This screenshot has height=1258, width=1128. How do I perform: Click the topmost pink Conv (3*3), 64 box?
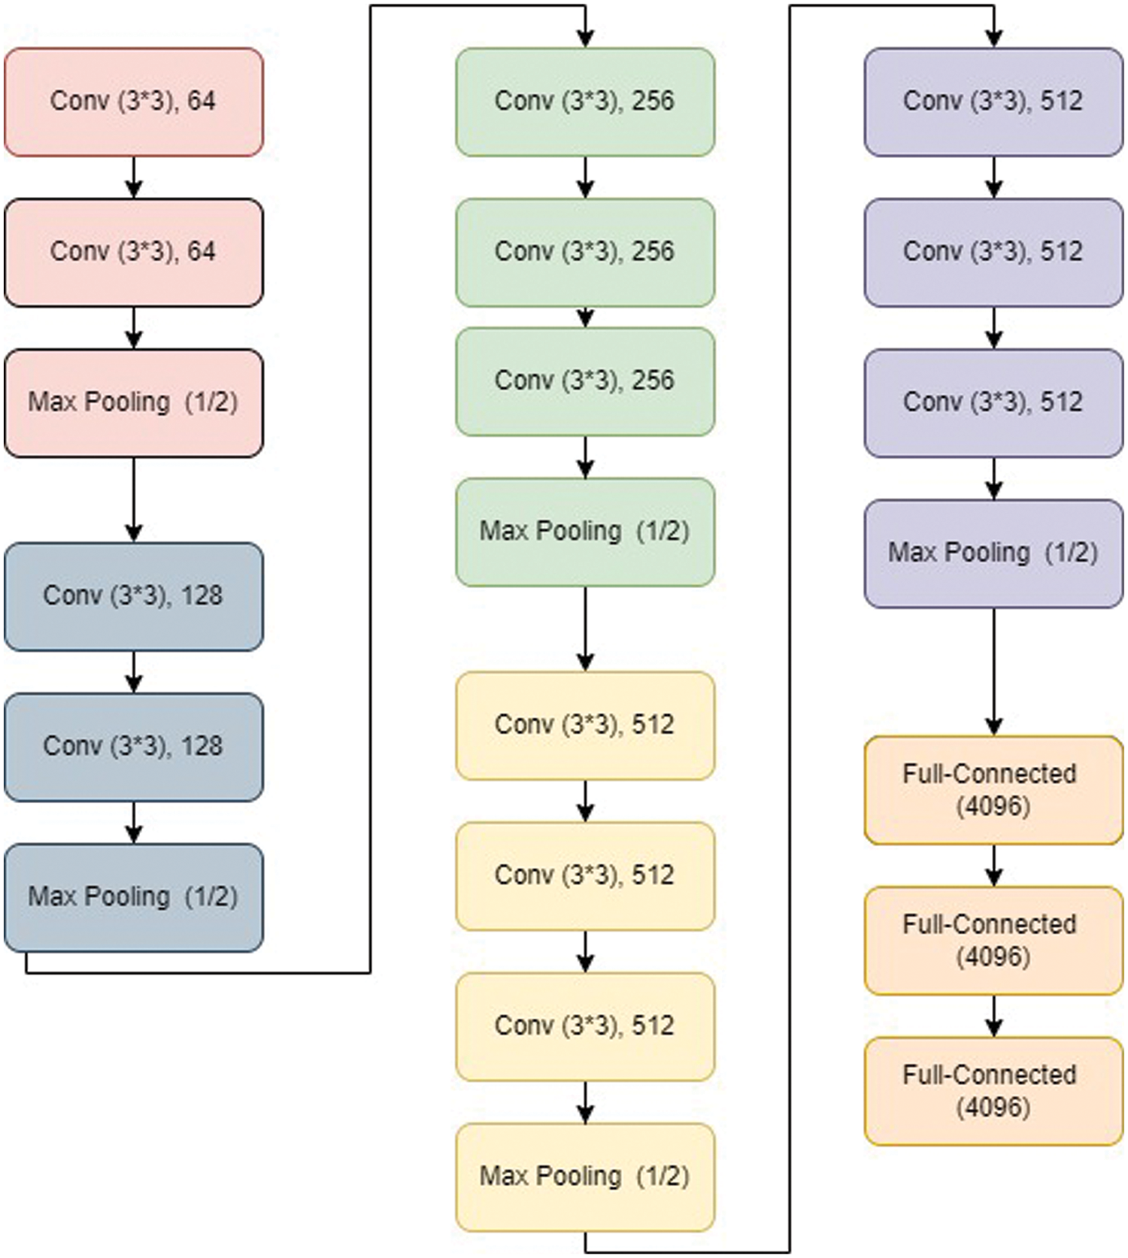click(x=134, y=102)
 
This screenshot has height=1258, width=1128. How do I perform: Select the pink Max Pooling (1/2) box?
click(x=134, y=403)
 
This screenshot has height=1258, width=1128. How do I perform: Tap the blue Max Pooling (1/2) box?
click(x=134, y=897)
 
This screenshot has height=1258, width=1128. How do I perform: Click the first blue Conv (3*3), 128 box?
click(x=134, y=596)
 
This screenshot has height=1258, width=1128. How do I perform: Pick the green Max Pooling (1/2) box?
click(x=585, y=532)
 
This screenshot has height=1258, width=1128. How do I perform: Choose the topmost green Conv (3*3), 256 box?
click(x=585, y=102)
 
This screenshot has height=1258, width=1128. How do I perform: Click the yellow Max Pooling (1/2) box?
click(x=585, y=1177)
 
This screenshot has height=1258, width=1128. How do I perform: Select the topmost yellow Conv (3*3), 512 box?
click(x=585, y=725)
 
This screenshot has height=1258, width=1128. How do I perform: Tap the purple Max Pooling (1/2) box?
click(x=993, y=553)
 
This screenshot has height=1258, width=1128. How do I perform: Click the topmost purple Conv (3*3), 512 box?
click(x=993, y=102)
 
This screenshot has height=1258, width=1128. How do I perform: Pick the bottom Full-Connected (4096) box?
click(x=993, y=1091)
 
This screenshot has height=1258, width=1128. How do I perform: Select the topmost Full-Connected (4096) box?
click(x=993, y=790)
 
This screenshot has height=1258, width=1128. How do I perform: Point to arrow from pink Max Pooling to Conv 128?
click(x=134, y=499)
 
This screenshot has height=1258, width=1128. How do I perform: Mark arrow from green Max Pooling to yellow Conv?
click(x=585, y=629)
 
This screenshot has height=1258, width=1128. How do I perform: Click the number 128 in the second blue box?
click(x=202, y=747)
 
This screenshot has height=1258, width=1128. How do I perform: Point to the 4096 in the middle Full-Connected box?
click(x=993, y=957)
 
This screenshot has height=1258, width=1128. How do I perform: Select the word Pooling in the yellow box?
click(x=578, y=1177)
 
